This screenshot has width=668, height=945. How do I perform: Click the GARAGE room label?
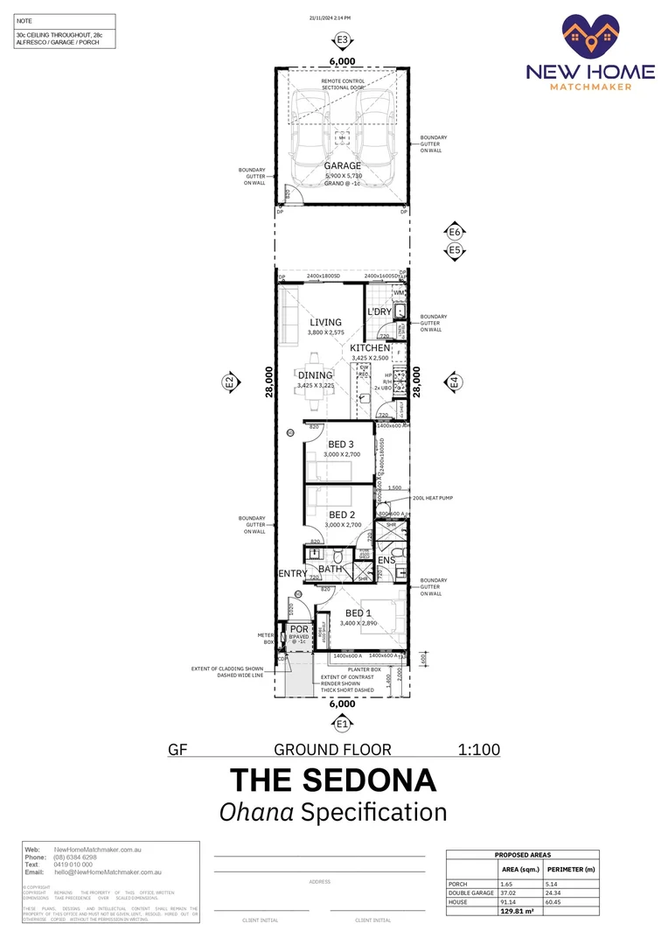(x=343, y=165)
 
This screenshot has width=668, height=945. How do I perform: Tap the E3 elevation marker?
(x=343, y=40)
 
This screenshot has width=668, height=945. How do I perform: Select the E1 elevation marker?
(x=343, y=724)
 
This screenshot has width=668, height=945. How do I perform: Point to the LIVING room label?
(x=325, y=322)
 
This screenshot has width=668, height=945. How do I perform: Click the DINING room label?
(x=316, y=375)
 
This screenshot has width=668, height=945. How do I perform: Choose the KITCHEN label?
(x=371, y=348)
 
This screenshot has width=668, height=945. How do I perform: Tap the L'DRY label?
(x=379, y=311)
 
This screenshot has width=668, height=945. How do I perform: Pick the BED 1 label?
(x=359, y=612)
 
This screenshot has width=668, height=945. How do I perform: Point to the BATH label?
(x=331, y=569)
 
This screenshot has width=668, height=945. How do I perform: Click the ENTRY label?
(x=292, y=574)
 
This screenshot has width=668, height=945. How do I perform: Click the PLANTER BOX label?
(x=364, y=669)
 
